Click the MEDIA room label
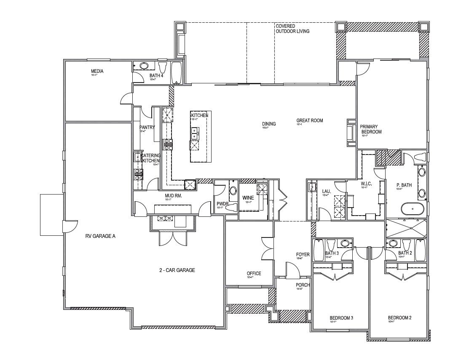point(97,71)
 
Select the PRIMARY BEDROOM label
point(370,129)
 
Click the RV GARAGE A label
point(100,236)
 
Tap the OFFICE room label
point(254,273)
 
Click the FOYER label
point(303,254)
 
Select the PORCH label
point(303,285)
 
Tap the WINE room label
point(247,197)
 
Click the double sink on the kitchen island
point(195,133)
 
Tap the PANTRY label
point(147,127)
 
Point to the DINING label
point(269,124)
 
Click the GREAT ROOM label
point(309,120)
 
